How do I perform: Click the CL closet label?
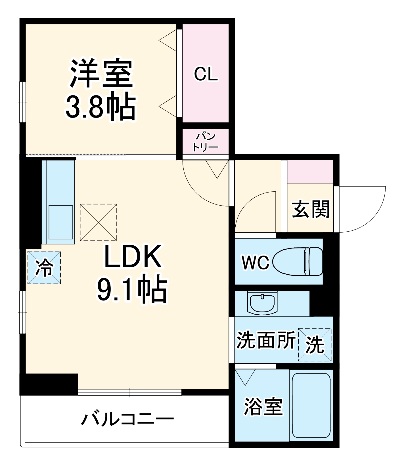tap(206, 74)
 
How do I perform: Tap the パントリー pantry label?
tap(206, 142)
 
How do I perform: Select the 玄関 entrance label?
tap(311, 209)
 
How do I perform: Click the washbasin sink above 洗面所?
tap(262, 303)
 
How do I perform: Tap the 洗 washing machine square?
tap(315, 345)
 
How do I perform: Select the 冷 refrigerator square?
tap(44, 268)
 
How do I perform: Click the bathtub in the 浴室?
tap(311, 405)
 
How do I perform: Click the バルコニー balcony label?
tap(127, 419)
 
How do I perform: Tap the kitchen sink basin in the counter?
tap(60, 222)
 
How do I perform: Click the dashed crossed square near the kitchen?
tap(98, 222)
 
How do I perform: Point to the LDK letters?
tap(133, 256)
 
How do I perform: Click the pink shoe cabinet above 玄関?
tap(310, 172)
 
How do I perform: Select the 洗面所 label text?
tap(266, 340)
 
